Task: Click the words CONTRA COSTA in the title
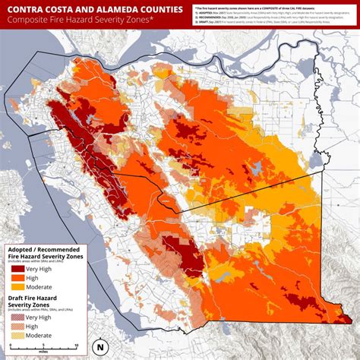point(42,10)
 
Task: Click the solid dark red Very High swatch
point(17,267)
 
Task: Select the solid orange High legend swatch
point(17,277)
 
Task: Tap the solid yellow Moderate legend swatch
point(17,287)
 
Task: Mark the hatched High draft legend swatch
point(17,326)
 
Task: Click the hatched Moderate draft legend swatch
point(17,335)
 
